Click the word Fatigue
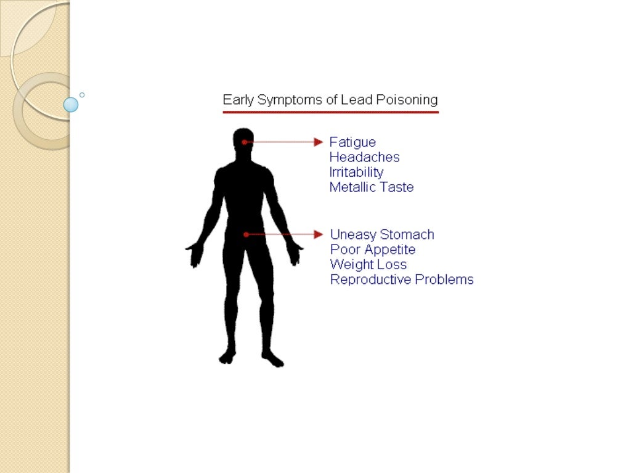click(352, 142)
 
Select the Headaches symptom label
click(364, 157)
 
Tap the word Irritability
click(356, 172)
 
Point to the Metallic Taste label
click(371, 187)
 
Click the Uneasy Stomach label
click(382, 235)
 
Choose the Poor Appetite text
click(373, 249)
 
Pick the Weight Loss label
click(368, 264)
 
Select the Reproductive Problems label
click(402, 280)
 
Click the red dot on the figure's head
click(245, 142)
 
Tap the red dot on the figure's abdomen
click(246, 235)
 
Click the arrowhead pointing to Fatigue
click(319, 142)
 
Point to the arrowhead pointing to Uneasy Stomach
click(319, 235)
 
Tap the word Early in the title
click(238, 100)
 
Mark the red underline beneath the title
click(330, 112)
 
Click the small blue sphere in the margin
click(71, 105)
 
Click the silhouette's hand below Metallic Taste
click(295, 253)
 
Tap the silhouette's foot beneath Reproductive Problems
click(272, 359)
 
